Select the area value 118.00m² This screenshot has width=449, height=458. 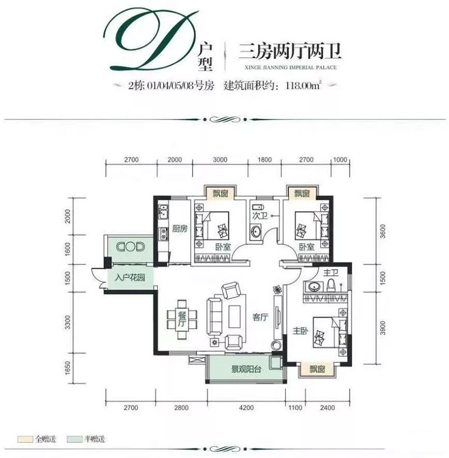(300, 86)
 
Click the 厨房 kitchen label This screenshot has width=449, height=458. (179, 228)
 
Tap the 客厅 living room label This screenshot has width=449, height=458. (261, 317)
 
